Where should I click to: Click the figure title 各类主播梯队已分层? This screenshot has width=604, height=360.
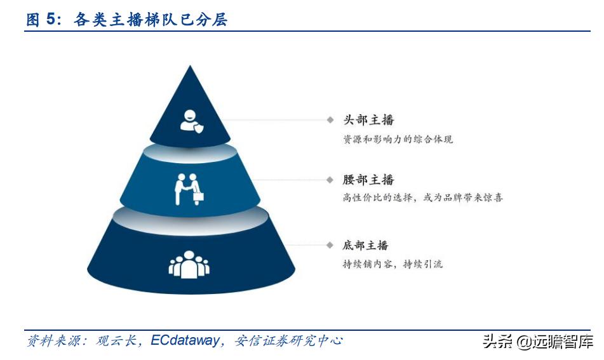pos(151,19)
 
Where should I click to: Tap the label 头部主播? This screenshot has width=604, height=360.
pos(368,120)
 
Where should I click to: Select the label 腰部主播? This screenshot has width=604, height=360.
pos(368,180)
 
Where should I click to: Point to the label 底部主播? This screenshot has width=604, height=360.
pos(366,245)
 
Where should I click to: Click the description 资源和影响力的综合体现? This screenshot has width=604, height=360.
pos(398,139)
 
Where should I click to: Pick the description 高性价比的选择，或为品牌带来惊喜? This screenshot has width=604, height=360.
pos(423,197)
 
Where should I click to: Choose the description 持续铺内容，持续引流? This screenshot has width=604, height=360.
pos(393,263)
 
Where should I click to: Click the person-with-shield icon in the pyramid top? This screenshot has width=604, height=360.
pos(192,121)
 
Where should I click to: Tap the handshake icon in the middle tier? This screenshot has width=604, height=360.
pos(189,189)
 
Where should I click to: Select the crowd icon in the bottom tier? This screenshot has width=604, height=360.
pos(189,265)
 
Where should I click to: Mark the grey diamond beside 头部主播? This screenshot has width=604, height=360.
pos(330,120)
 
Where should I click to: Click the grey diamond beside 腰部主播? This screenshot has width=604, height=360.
pos(330,180)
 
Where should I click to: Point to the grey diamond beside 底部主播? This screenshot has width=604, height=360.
pos(330,245)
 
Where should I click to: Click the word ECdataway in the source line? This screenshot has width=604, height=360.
pos(185,340)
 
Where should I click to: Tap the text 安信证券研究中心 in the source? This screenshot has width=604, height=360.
pos(288,340)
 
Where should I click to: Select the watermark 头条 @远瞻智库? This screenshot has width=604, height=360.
pos(538,341)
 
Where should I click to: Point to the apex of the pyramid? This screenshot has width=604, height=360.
pos(190,65)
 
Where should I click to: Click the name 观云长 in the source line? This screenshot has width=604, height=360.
pos(116,340)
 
